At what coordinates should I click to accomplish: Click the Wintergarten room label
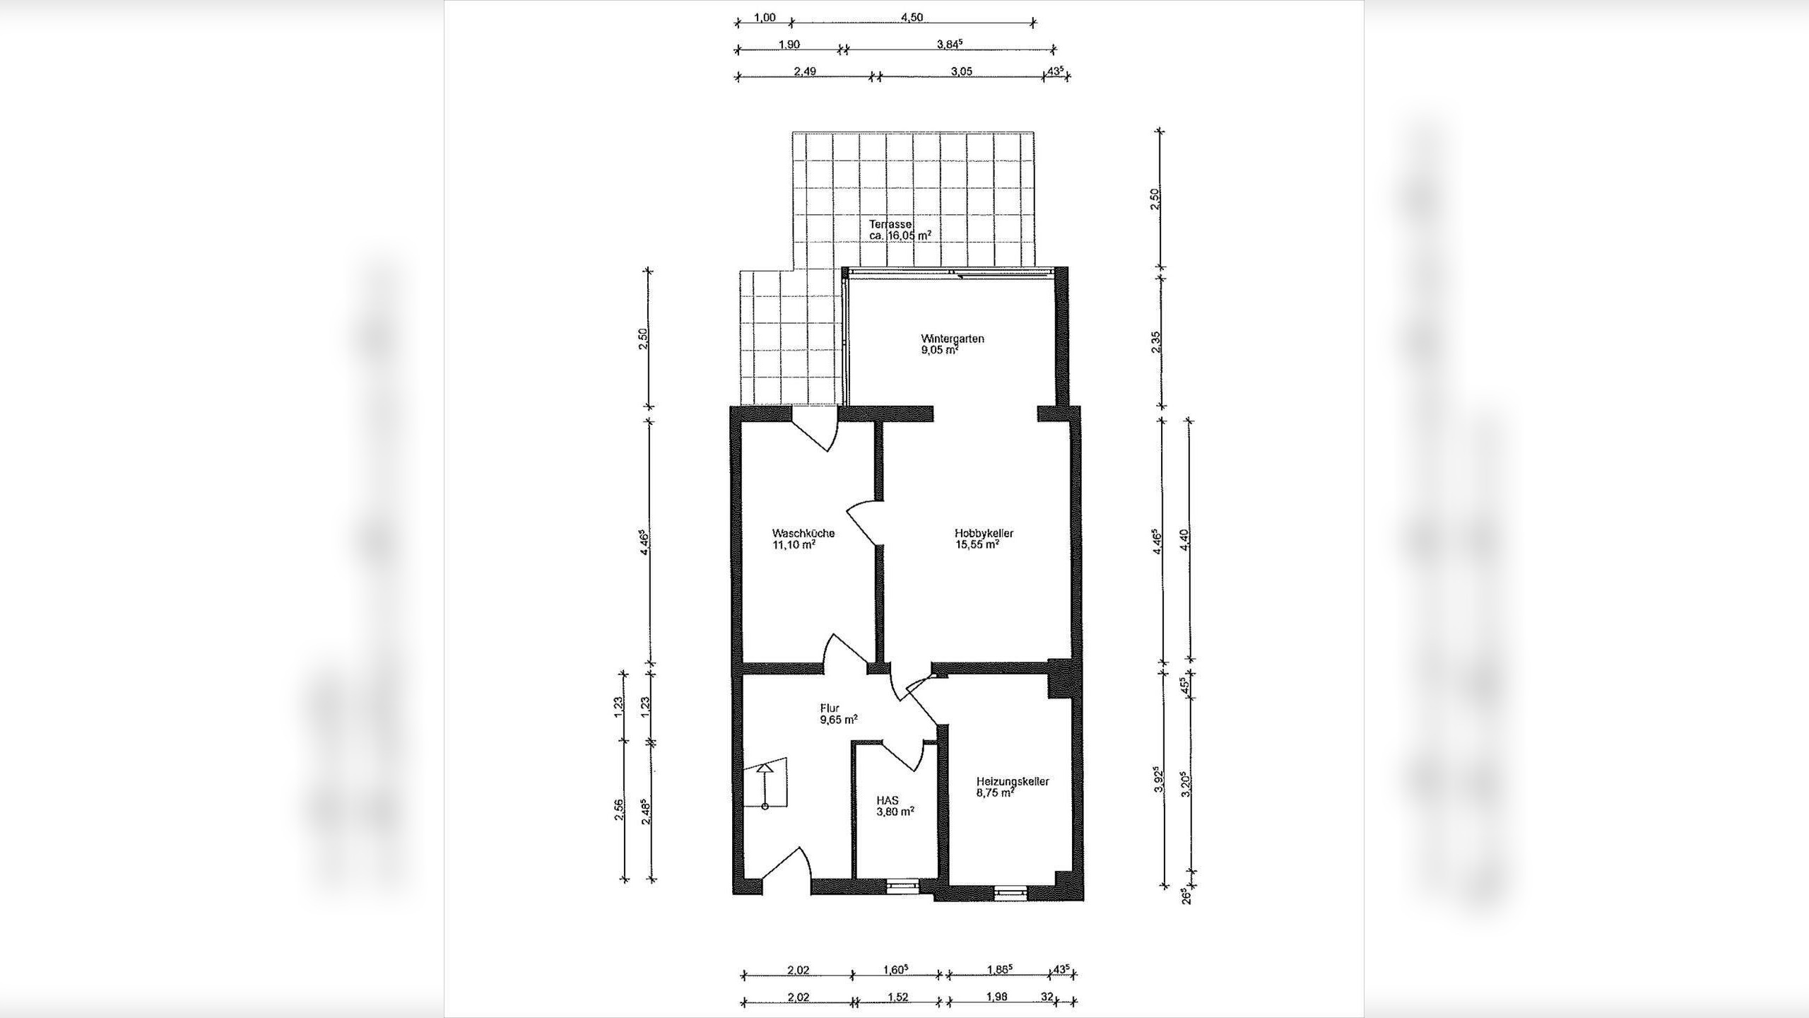(952, 339)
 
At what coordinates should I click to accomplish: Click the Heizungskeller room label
(1013, 781)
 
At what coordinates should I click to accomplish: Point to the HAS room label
(888, 800)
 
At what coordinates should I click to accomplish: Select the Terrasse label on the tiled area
(890, 224)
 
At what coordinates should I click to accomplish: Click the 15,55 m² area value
(977, 545)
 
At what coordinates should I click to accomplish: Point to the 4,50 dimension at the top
(912, 18)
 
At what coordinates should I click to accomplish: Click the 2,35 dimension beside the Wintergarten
(1155, 341)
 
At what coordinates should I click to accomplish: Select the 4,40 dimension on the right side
(1184, 541)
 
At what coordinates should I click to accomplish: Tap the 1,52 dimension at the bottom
(897, 997)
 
